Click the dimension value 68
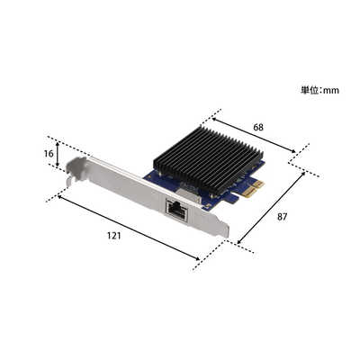pos(258,128)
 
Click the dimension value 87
pos(283,217)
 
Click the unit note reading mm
pos(320,90)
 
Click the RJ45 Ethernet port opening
pos(176,210)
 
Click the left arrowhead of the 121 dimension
pos(59,196)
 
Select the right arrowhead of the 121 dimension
pos(199,259)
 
